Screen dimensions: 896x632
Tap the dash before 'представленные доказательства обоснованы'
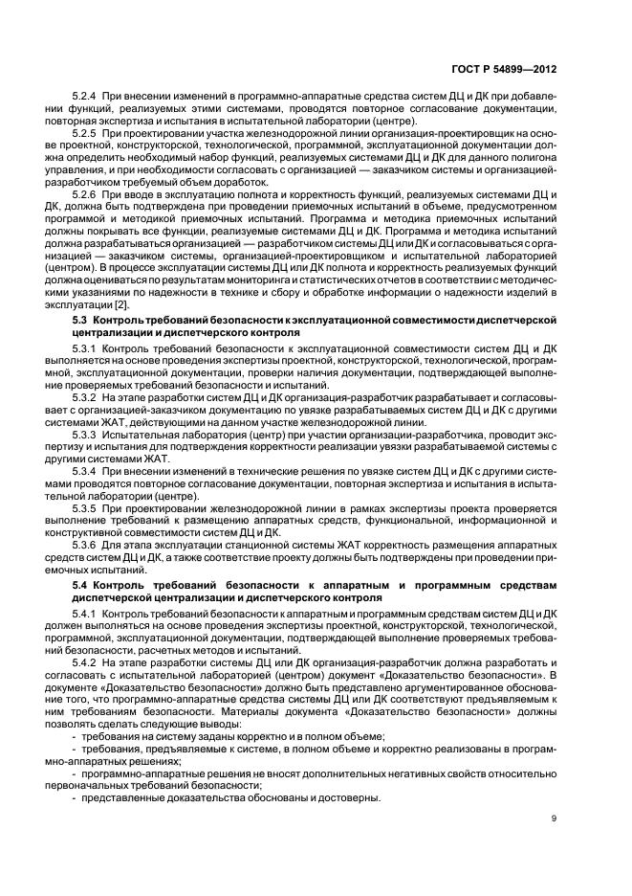tap(75, 797)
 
